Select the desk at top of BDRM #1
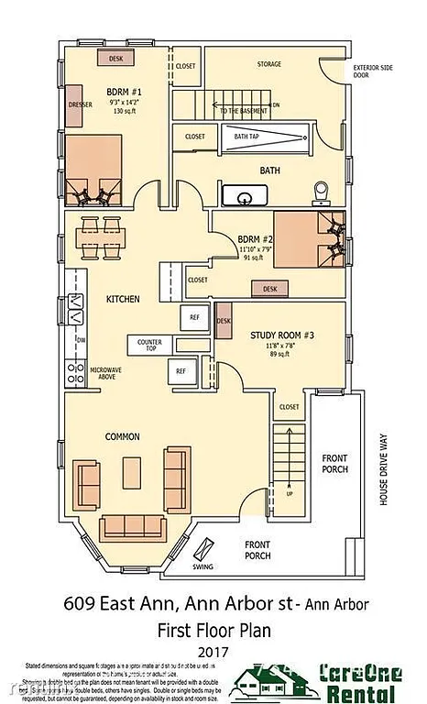click(x=115, y=58)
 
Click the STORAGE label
click(x=269, y=64)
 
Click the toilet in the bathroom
click(x=321, y=191)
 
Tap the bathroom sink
click(x=245, y=195)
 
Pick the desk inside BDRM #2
click(x=268, y=288)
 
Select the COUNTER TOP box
click(x=149, y=344)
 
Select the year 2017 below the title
click(x=213, y=650)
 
